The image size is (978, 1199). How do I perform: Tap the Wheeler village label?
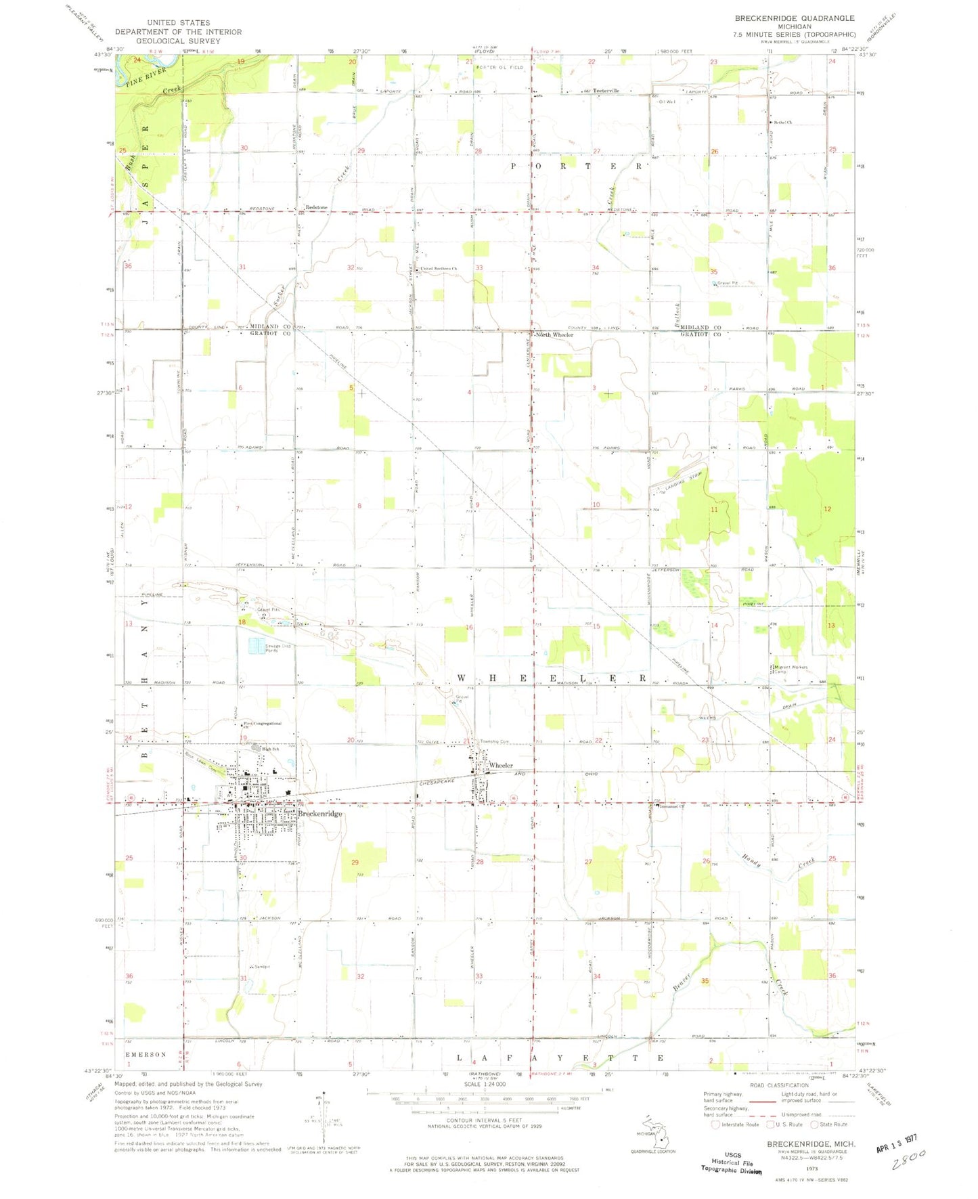coord(501,765)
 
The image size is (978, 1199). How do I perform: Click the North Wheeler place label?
coord(554,335)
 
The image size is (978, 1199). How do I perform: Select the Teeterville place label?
coord(605,91)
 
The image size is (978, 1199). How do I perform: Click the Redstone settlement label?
coord(316,208)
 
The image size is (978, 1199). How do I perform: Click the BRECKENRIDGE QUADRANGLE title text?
coord(795,18)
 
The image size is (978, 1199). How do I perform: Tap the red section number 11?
coord(713,509)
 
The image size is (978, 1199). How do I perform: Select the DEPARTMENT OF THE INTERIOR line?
coord(178,32)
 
